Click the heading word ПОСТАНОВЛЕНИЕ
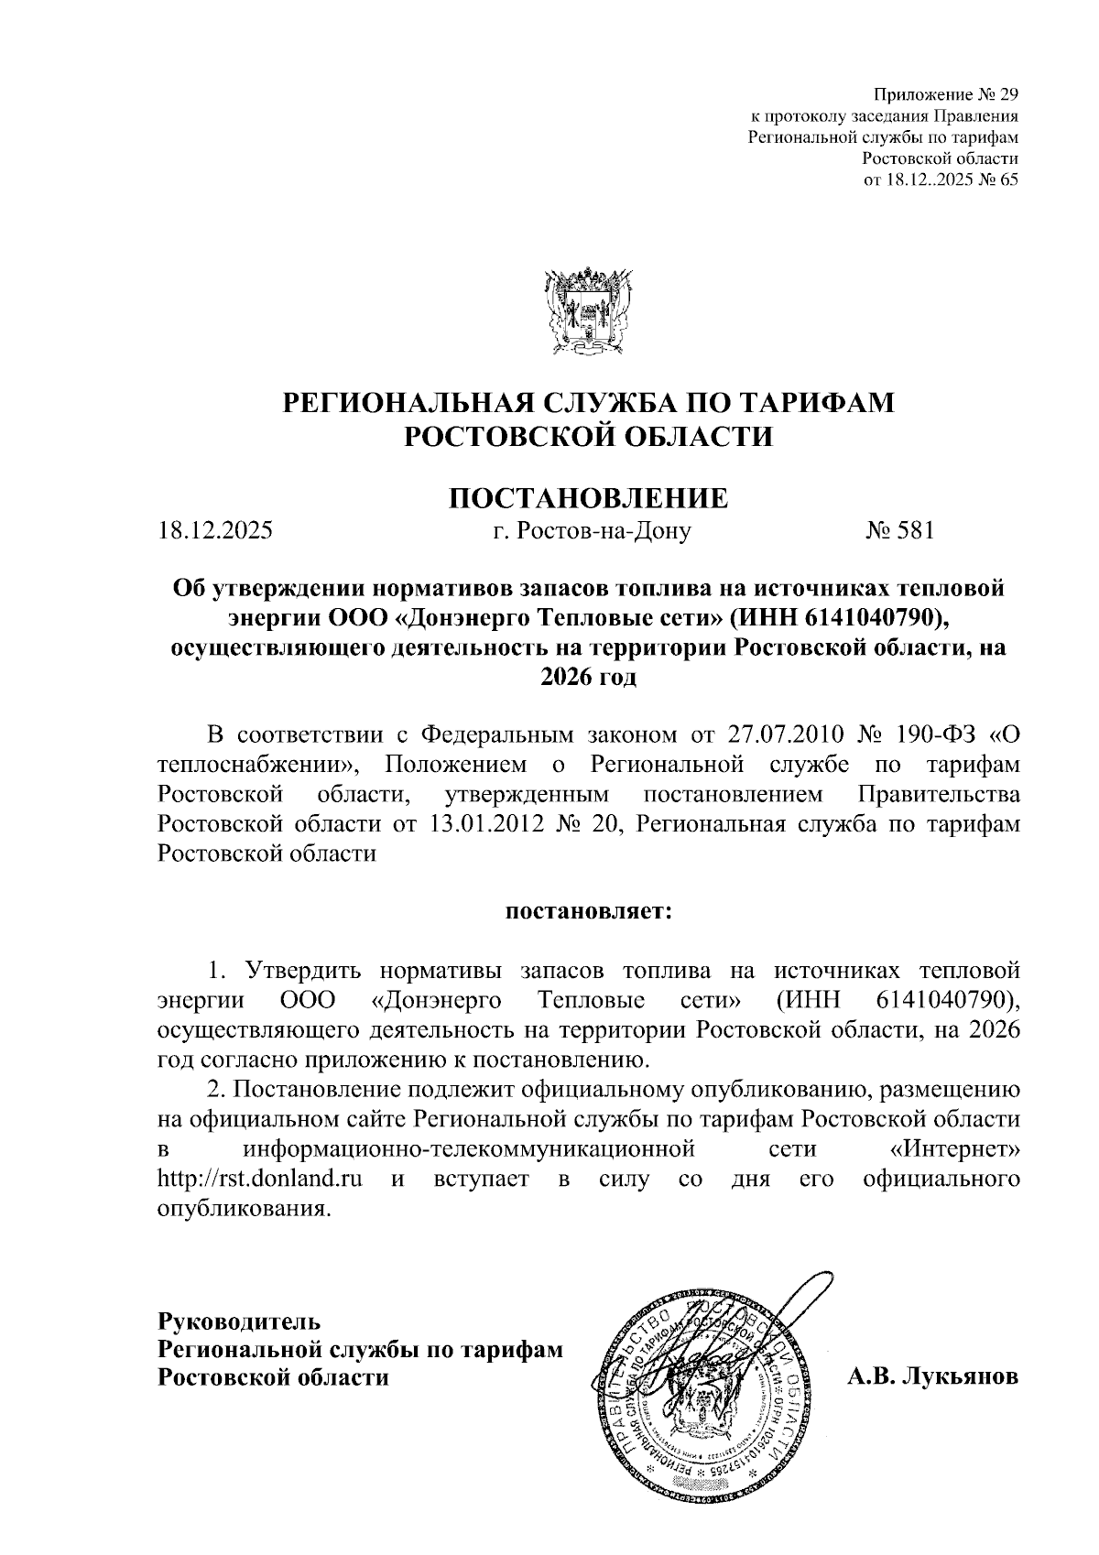point(588,498)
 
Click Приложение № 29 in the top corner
point(947,94)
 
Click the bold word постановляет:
point(588,911)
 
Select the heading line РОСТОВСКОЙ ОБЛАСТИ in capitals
point(588,435)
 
